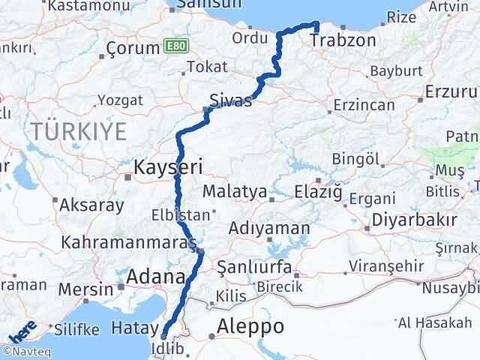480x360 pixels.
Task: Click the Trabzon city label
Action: tap(336, 43)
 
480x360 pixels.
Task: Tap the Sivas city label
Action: tap(230, 100)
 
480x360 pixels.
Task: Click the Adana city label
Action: tap(156, 277)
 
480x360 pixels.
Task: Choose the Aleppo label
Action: tap(250, 327)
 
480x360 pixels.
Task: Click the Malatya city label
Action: tap(235, 191)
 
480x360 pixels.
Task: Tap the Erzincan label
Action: tap(364, 104)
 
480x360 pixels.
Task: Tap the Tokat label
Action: tap(207, 67)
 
